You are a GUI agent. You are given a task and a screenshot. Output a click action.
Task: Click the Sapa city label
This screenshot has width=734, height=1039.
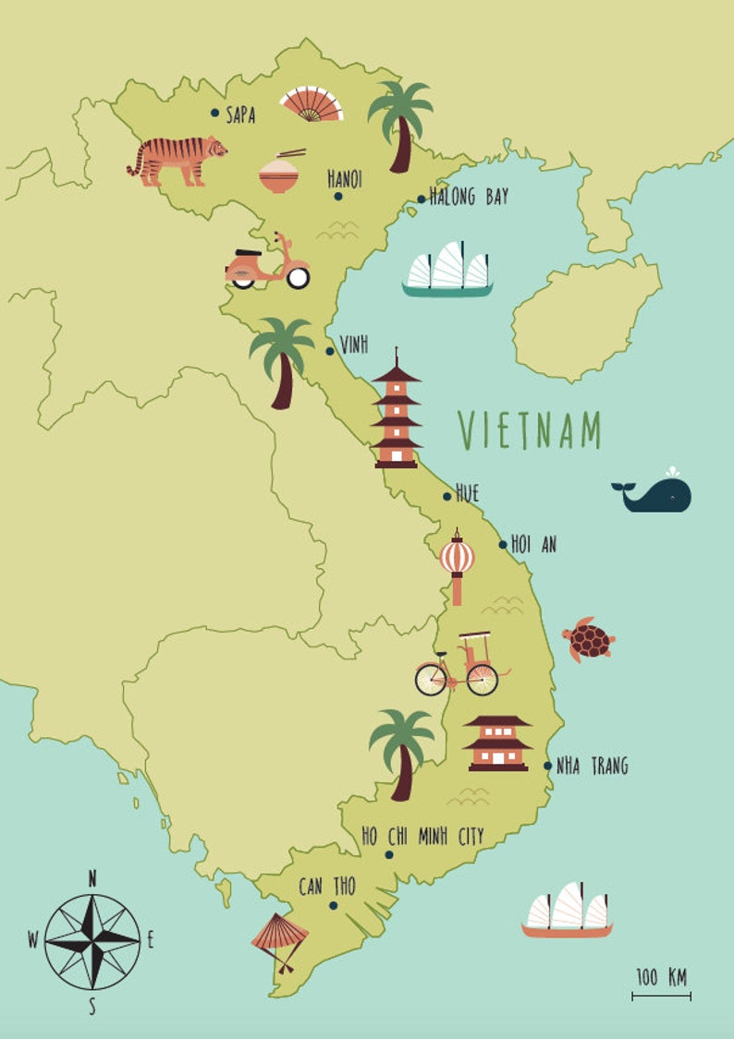point(240,115)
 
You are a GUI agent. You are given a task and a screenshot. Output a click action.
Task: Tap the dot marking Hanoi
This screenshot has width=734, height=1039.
point(338,196)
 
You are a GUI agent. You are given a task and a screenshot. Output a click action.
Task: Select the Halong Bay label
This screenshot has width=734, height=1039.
point(469,197)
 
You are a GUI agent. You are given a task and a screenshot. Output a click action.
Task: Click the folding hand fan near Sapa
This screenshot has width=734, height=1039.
point(312,104)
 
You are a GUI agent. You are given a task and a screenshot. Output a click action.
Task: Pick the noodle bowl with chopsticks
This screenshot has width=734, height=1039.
point(279,173)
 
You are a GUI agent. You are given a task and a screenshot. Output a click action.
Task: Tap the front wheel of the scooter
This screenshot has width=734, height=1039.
point(297,276)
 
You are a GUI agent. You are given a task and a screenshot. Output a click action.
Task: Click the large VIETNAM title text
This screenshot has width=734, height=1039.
point(531,430)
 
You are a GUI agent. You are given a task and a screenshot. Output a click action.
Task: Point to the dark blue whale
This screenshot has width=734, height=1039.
point(654,495)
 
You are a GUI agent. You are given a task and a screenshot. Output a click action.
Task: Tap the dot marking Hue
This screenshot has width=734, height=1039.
point(447,497)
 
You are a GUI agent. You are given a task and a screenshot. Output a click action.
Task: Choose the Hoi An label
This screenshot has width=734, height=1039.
point(535,545)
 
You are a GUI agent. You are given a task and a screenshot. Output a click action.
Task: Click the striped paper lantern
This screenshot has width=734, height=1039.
point(457,560)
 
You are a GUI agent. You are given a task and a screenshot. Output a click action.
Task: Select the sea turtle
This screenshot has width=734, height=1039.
point(588,639)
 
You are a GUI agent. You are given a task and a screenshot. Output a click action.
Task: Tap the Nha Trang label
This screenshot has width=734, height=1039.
point(592,766)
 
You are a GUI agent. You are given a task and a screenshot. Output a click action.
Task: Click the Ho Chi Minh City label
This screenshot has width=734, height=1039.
point(422,837)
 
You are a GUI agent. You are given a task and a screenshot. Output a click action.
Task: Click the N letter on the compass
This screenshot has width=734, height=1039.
point(92,879)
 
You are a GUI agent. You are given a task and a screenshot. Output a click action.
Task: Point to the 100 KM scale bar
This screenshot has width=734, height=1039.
point(661,996)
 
